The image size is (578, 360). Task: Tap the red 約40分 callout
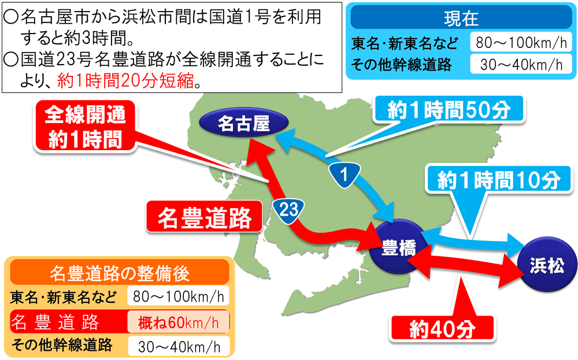pyautogui.click(x=442, y=328)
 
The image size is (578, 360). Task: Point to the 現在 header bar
pyautogui.click(x=461, y=18)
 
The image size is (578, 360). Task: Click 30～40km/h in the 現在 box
pyautogui.click(x=517, y=65)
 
